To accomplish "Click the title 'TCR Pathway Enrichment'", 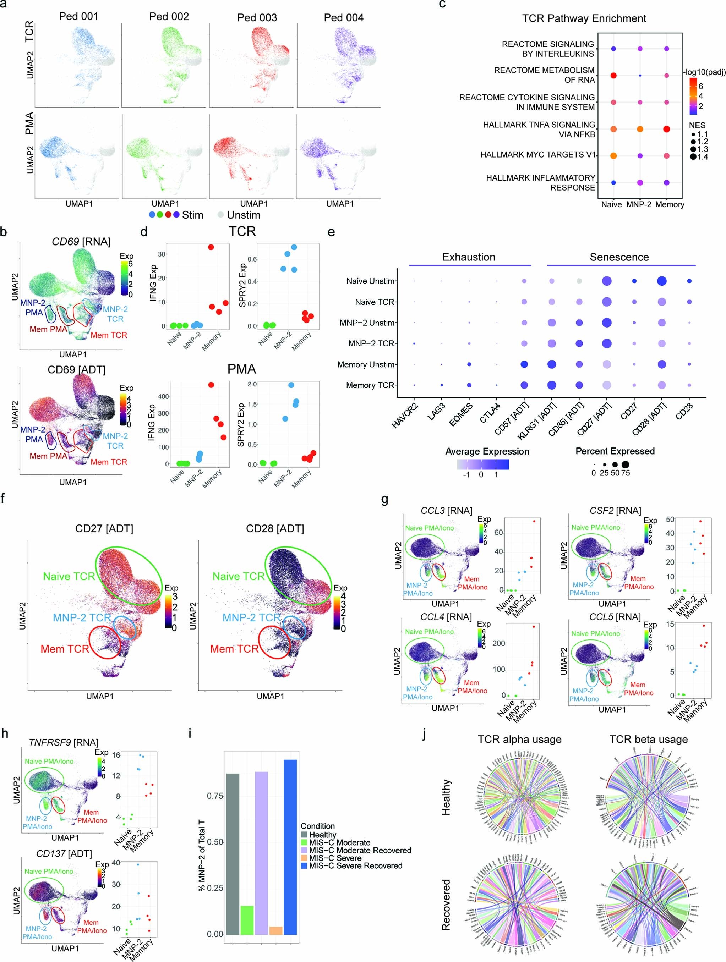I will (x=584, y=18).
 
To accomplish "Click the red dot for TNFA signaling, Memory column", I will (x=666, y=129).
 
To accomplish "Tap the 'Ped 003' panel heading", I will (x=257, y=17).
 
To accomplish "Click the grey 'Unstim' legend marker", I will (x=220, y=215).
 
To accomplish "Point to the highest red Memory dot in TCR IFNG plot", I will (x=211, y=247).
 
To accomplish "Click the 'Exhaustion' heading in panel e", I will (x=469, y=257).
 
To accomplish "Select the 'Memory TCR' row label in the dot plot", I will (x=370, y=385).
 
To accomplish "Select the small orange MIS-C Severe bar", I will (x=276, y=930).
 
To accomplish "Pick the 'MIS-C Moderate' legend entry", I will (x=339, y=842).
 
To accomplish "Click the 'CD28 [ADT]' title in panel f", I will (x=275, y=528).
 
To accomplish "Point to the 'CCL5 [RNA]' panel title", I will (x=615, y=617).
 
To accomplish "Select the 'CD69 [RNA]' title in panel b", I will (x=81, y=241).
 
